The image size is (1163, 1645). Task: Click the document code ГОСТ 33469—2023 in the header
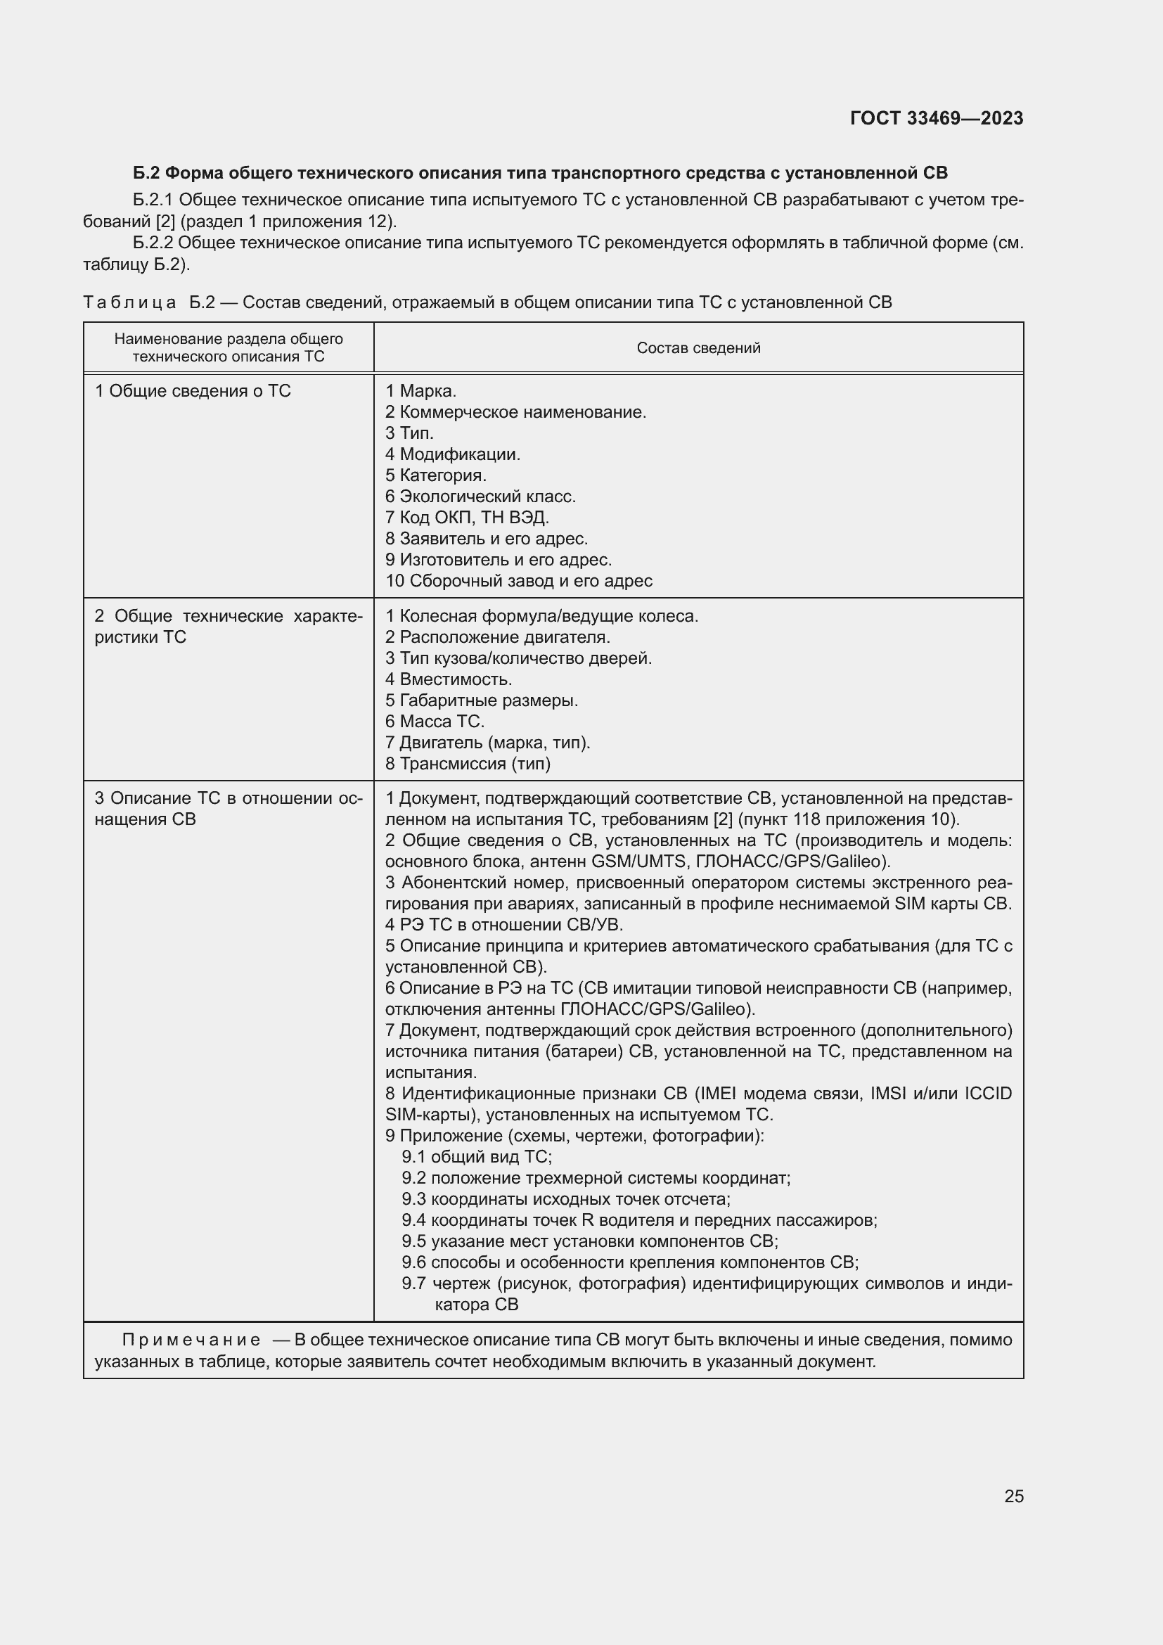point(936,118)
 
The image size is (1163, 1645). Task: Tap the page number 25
point(1013,1496)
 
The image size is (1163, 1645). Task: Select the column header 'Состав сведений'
point(698,348)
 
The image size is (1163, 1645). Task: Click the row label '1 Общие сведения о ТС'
point(193,391)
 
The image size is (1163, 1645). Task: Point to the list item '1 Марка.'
point(420,391)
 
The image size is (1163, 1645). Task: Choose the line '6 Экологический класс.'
point(480,497)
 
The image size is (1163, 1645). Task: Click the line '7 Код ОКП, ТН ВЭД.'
point(467,518)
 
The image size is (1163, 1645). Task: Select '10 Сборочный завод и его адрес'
point(518,580)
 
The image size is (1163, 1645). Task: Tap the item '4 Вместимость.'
point(449,679)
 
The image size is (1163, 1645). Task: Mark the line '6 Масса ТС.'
point(435,722)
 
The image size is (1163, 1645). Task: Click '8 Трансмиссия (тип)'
point(468,764)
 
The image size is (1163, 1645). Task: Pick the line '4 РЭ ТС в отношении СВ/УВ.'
point(503,924)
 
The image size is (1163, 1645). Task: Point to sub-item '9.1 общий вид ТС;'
point(476,1156)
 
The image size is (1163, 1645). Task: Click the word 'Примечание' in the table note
point(191,1340)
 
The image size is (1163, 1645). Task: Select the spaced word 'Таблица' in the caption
point(129,302)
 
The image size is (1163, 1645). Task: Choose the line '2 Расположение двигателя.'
point(498,637)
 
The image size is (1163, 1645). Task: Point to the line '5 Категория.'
point(435,475)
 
